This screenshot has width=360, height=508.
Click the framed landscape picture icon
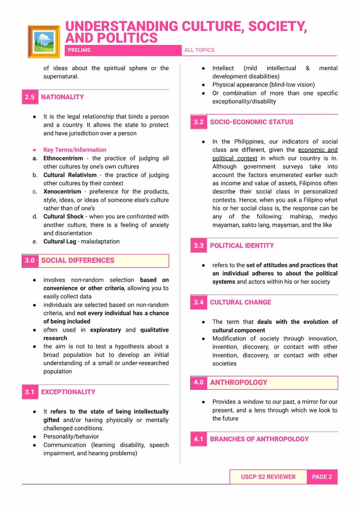click(43, 41)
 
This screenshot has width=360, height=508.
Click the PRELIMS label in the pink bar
click(79, 50)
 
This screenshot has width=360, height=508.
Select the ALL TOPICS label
click(199, 50)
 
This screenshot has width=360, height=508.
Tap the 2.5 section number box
click(30, 97)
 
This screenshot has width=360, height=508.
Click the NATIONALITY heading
click(63, 97)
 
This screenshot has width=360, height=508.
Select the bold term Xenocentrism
click(62, 192)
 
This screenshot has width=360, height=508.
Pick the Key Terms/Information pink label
click(75, 150)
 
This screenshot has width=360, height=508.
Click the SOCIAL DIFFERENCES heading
click(78, 260)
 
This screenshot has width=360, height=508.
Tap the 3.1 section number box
click(30, 392)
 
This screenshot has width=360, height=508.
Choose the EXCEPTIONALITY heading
click(68, 392)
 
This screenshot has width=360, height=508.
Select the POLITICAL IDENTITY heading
click(242, 246)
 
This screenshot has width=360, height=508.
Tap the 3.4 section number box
click(199, 302)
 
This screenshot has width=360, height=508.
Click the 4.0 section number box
click(199, 382)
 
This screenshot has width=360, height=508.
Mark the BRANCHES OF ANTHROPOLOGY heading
click(259, 439)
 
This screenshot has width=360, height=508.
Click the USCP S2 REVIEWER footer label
click(268, 477)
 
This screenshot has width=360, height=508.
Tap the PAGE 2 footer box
click(322, 477)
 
